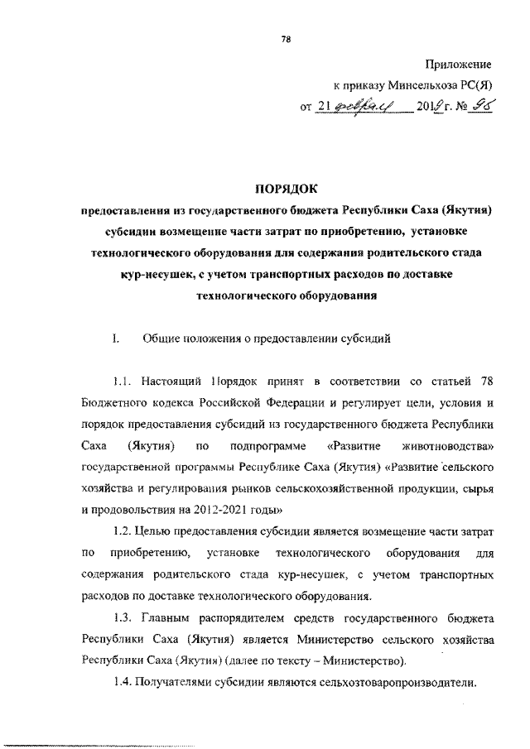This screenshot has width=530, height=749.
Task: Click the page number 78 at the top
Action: (x=286, y=39)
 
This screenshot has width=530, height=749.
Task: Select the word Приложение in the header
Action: (x=459, y=64)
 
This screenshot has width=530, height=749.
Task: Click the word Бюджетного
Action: (x=115, y=404)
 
